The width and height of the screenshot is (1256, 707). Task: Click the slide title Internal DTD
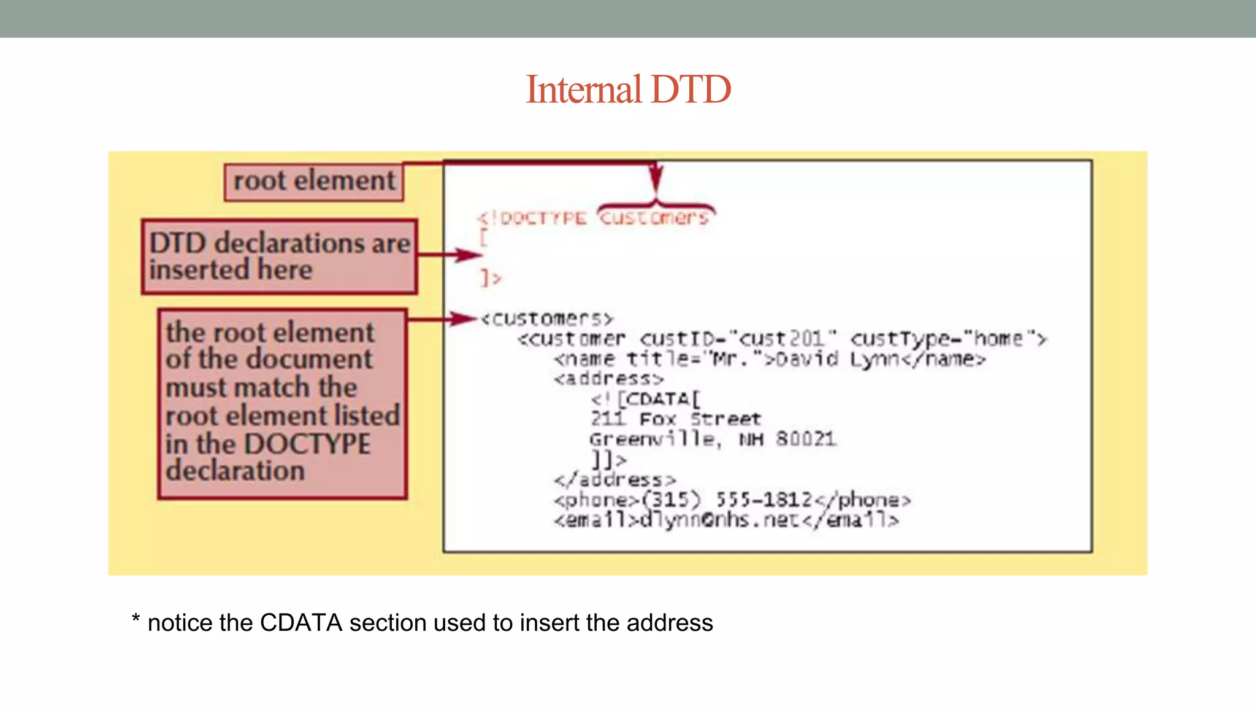click(628, 90)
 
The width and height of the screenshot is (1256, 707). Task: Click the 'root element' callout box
click(313, 182)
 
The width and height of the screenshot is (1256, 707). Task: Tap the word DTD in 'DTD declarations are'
click(178, 244)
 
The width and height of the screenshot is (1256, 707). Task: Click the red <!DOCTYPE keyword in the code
click(532, 218)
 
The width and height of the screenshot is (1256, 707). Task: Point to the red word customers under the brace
click(654, 218)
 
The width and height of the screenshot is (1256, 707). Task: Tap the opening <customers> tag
click(546, 319)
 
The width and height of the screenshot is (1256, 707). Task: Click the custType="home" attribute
click(948, 339)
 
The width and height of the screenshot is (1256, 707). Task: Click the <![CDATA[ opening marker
click(645, 400)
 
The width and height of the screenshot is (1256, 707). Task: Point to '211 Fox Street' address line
click(675, 420)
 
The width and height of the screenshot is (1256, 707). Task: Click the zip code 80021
click(805, 439)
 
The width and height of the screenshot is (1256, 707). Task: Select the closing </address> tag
click(615, 480)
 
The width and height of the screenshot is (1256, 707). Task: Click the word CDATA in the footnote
click(301, 623)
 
